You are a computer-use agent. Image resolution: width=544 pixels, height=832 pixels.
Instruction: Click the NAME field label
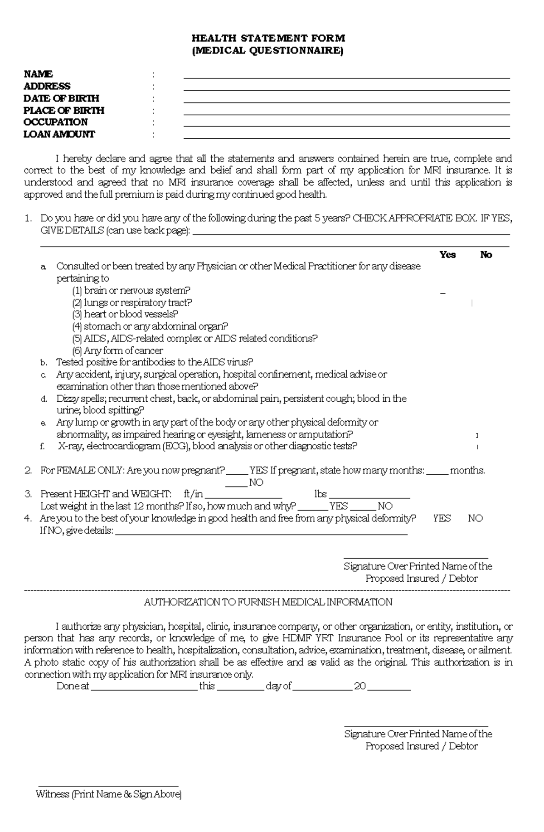coord(38,74)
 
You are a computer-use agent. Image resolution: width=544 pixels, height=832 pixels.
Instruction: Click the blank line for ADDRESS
coord(346,88)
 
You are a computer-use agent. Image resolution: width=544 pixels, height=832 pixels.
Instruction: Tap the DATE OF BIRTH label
coord(61,98)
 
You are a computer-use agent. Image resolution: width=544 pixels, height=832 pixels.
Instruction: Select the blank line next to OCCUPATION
coord(346,124)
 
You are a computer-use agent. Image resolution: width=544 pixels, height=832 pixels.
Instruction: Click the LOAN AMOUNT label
coord(59,134)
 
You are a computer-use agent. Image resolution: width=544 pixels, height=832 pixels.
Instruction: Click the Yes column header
coord(447,255)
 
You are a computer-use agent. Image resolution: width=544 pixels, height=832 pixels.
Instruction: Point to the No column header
coord(486,255)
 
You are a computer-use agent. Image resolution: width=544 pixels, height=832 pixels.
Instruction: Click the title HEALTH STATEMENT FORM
coord(268,38)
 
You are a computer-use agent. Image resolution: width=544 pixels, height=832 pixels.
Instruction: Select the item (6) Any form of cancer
coord(117,350)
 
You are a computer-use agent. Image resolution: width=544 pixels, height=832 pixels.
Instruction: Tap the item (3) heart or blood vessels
coord(125,314)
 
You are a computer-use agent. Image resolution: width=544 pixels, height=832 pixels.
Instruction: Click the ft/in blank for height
coord(243,496)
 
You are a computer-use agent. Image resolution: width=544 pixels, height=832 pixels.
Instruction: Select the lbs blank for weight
coord(369,496)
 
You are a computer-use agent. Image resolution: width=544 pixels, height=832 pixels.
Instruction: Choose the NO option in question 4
coord(475,518)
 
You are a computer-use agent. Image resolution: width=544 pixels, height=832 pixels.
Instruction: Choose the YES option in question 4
coord(442,518)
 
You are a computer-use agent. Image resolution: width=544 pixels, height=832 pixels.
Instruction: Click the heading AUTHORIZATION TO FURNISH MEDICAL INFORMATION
coord(268,602)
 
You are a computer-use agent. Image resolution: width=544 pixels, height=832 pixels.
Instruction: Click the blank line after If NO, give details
coord(262,532)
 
